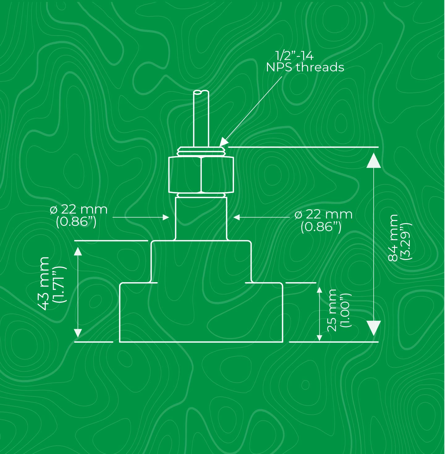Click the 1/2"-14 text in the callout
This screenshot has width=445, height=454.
[x=294, y=56]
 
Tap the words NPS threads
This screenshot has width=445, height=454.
[x=305, y=67]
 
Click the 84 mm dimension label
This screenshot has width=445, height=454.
[x=393, y=238]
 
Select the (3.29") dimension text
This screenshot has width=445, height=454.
[x=406, y=241]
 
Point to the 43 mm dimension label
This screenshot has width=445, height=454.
[x=44, y=283]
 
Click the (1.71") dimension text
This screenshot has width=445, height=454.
[x=59, y=284]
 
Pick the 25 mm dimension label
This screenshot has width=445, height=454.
[x=332, y=310]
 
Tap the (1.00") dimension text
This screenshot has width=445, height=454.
[x=345, y=310]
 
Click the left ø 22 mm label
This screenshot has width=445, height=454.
[x=78, y=210]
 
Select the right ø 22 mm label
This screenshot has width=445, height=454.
[x=324, y=214]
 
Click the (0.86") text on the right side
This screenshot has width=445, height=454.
[x=321, y=227]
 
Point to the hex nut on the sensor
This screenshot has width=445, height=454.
[x=201, y=175]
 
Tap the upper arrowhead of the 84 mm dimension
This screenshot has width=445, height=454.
[x=374, y=160]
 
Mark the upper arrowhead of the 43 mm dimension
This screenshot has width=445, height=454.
[x=78, y=251]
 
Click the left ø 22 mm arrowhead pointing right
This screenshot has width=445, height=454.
[x=166, y=217]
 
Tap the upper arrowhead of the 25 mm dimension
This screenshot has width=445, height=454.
[x=320, y=290]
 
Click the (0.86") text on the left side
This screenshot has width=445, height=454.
[x=76, y=222]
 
